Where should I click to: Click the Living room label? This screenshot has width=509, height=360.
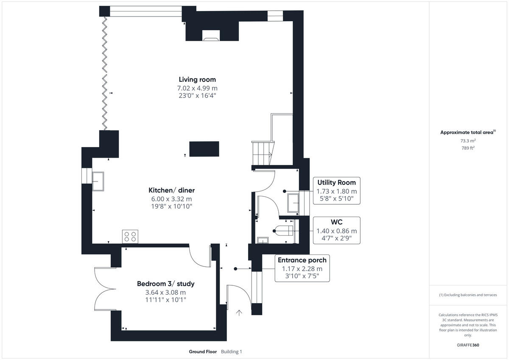(197, 79)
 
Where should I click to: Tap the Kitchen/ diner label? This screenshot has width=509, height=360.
(171, 190)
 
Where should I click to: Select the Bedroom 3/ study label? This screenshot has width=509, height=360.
(165, 284)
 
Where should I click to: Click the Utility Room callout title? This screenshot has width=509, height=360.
(336, 182)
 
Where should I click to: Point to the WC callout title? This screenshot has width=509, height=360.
(336, 222)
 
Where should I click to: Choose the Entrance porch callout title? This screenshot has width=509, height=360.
(302, 260)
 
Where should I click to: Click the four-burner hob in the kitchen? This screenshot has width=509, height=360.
(130, 236)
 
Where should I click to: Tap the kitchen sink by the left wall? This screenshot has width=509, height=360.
(98, 181)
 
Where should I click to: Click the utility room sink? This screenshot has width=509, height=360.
(293, 203)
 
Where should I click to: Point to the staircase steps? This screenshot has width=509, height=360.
(262, 153)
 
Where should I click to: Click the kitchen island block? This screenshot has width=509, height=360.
(204, 149)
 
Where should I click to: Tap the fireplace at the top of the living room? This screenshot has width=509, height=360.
(211, 36)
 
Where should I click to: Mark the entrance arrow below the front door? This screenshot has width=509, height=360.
(239, 313)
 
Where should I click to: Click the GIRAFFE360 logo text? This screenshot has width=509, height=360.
(468, 345)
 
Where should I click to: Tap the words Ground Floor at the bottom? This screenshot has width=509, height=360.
(203, 352)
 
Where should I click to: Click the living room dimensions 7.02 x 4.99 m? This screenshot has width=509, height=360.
(197, 88)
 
